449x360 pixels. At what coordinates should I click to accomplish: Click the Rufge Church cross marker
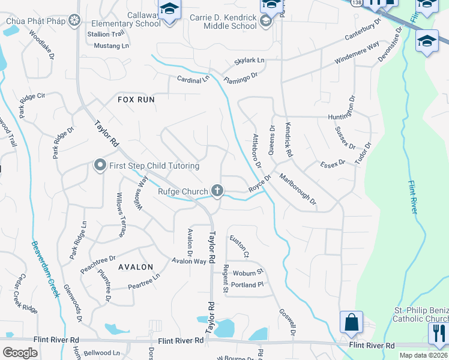[x=217, y=191]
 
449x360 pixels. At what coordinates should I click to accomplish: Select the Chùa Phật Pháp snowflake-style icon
[x=74, y=22]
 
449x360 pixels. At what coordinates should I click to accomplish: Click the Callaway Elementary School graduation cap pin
[x=170, y=9]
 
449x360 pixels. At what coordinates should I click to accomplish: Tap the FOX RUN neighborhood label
[x=136, y=100]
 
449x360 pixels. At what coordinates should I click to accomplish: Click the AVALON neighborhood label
[x=136, y=266]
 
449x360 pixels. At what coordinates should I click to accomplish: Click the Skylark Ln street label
[x=250, y=61]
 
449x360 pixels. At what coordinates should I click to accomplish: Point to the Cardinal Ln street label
[x=193, y=79]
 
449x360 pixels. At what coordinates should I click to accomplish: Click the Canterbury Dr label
[x=363, y=29]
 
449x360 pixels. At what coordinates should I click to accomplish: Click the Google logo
[x=20, y=353]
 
